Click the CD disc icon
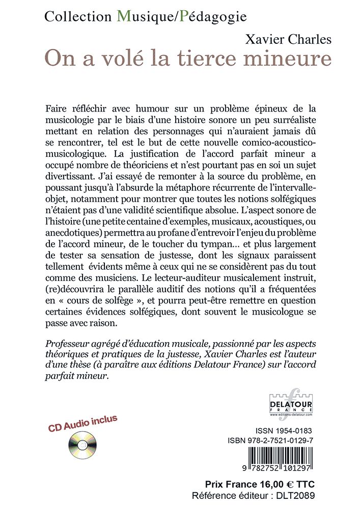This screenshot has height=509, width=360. pyautogui.click(x=82, y=445)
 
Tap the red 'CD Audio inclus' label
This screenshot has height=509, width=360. pyautogui.click(x=82, y=423)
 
